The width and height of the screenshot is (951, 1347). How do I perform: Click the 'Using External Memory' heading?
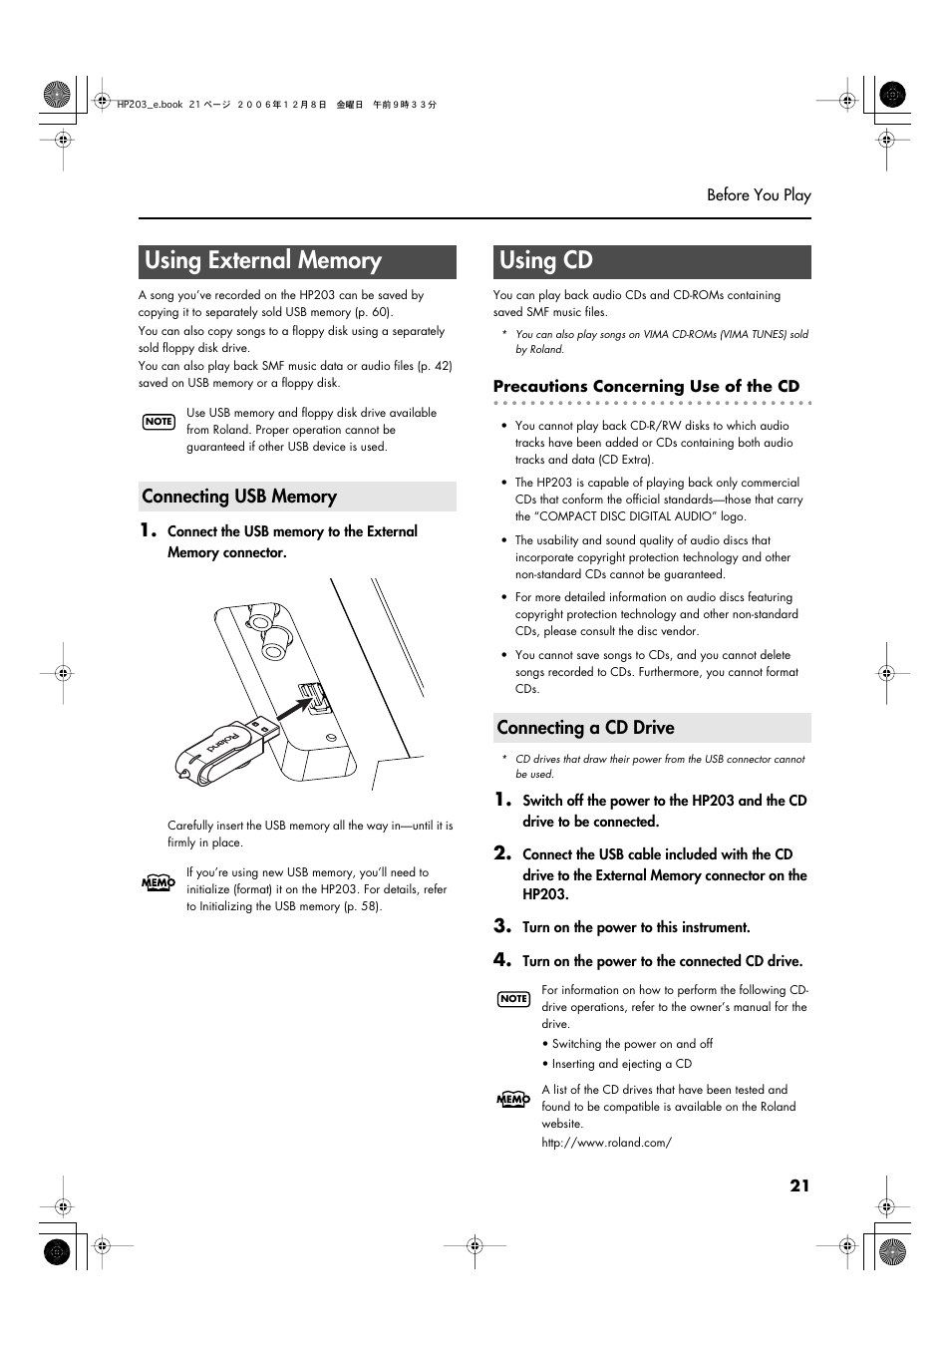263,261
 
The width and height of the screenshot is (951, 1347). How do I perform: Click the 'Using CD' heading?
546,261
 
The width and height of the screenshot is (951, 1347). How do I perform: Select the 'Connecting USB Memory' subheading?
239,497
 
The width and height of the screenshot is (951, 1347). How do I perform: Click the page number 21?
799,1185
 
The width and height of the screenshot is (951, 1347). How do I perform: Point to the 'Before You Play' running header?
759,195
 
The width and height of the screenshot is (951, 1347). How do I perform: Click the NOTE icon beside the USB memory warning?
158,422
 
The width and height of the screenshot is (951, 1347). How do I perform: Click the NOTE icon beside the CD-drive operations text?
513,999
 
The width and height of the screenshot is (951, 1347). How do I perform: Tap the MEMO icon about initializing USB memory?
158,882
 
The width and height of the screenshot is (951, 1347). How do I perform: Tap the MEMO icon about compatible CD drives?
512,1099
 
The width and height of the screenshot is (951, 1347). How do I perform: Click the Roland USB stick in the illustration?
226,751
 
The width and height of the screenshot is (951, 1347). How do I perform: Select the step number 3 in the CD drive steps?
502,926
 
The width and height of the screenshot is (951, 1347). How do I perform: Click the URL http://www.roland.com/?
606,1143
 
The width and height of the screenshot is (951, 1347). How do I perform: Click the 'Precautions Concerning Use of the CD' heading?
646,387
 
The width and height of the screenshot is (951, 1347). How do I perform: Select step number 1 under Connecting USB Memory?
148,530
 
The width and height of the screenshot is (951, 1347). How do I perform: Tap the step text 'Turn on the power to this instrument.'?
636,928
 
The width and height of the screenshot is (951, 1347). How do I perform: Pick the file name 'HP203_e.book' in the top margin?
150,105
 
